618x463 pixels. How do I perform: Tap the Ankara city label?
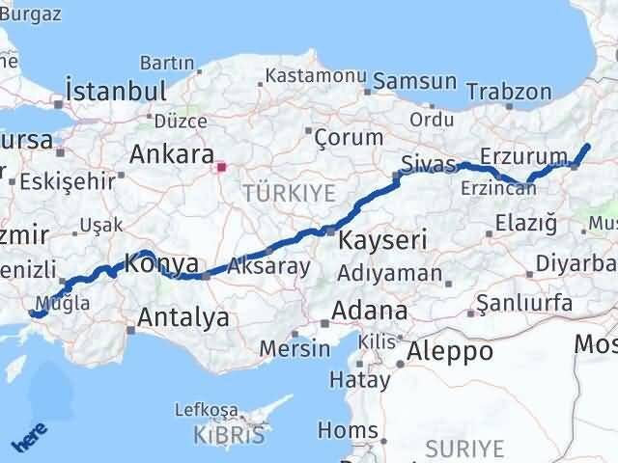click(x=172, y=154)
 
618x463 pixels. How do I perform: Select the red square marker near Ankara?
click(x=222, y=167)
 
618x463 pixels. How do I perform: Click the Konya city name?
click(x=162, y=262)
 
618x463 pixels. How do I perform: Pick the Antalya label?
click(x=183, y=316)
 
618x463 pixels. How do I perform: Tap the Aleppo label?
click(x=450, y=351)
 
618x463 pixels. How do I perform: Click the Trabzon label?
click(x=509, y=93)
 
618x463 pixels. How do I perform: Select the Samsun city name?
click(x=415, y=81)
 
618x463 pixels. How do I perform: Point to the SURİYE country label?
click(x=466, y=449)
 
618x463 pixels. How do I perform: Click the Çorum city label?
click(x=344, y=138)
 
